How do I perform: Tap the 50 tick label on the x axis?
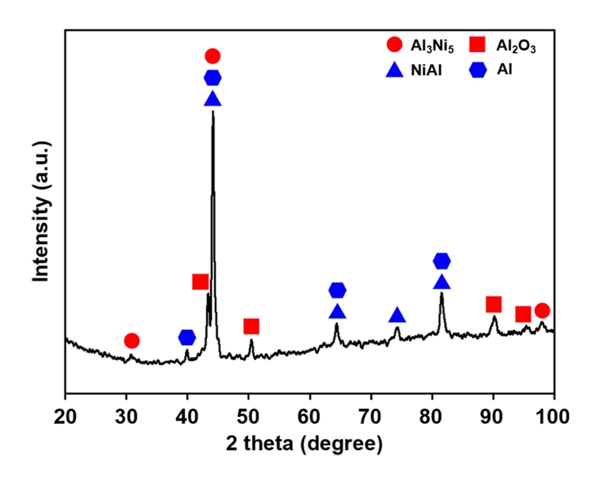pos(249,414)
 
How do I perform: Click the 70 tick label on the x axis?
pos(370,414)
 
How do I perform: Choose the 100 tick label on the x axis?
pos(552,414)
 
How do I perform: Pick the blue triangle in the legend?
pos(394,69)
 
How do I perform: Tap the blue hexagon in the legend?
pos(477,69)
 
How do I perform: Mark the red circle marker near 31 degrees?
pos(132,340)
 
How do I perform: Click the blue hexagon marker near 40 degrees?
pos(187,338)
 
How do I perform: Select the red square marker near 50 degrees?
pos(251,326)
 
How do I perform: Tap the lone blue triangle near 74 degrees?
pos(397,316)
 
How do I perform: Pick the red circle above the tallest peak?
pos(212,56)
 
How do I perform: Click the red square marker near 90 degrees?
pos(494,305)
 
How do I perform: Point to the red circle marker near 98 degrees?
pos(542,310)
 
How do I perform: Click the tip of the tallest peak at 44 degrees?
pos(213,112)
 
